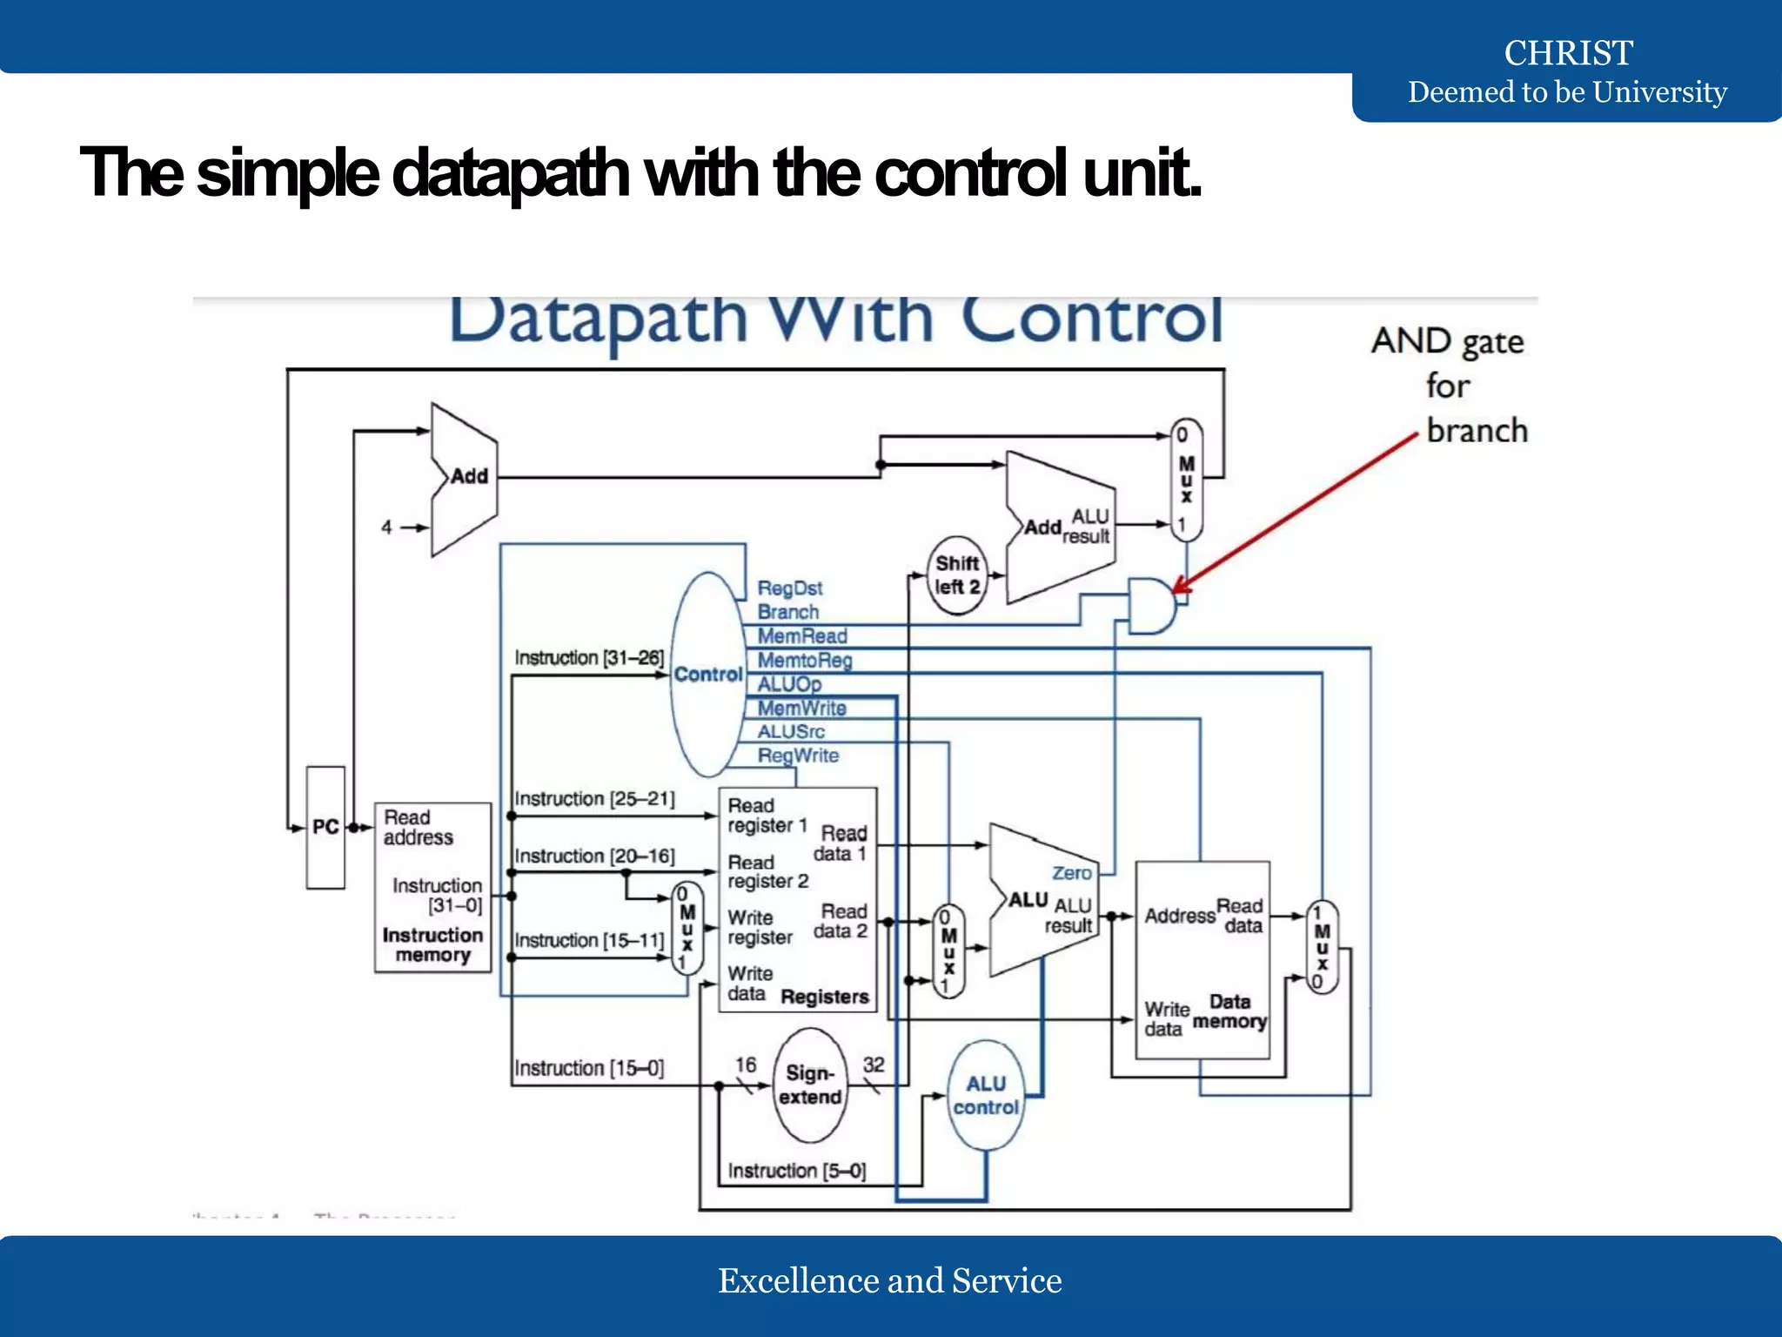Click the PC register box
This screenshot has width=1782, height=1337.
(x=325, y=827)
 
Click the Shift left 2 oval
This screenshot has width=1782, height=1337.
(x=957, y=575)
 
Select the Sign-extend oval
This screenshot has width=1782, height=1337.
(x=810, y=1085)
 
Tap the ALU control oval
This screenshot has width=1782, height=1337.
(x=986, y=1095)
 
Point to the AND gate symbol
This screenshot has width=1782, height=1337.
(x=1150, y=605)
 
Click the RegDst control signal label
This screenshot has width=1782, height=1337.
(x=789, y=588)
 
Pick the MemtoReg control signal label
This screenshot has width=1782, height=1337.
(x=804, y=661)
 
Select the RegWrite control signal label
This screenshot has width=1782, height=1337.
(x=798, y=756)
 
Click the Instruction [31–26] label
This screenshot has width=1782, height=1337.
(x=589, y=657)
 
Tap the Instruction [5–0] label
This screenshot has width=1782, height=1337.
(x=797, y=1171)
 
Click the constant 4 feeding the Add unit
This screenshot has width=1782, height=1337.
(x=386, y=527)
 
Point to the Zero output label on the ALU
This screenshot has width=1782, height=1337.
(x=1071, y=873)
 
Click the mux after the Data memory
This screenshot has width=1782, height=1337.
(x=1322, y=948)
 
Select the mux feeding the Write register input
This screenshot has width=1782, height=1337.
(x=687, y=928)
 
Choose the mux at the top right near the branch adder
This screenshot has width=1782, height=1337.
(x=1186, y=480)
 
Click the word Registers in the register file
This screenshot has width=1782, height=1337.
(x=825, y=997)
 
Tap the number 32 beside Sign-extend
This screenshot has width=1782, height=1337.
(x=874, y=1065)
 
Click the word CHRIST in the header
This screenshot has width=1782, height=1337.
(x=1568, y=53)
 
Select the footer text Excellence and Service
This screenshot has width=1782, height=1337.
(x=889, y=1280)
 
